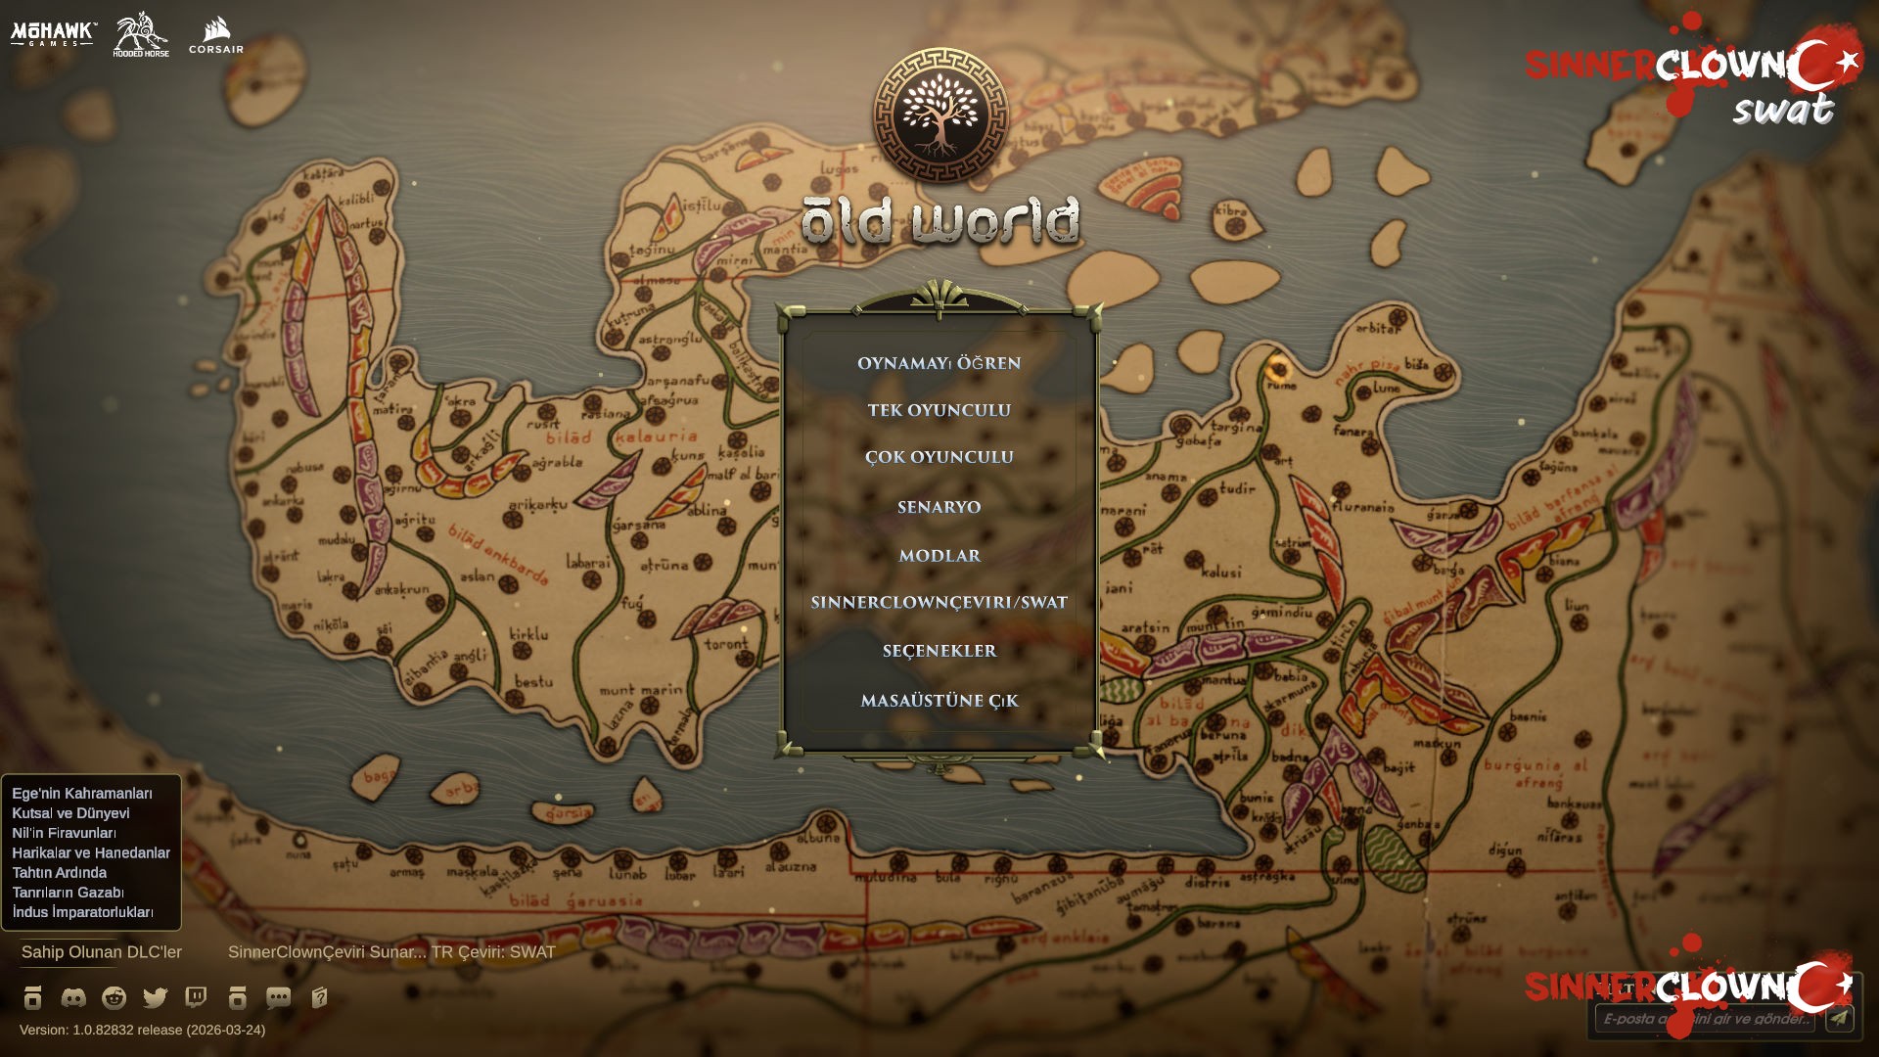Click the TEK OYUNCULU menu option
939,410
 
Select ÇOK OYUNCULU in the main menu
939,457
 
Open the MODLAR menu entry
939,556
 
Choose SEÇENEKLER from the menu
939,651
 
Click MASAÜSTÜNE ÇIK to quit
939,701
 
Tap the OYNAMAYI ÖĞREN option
939,363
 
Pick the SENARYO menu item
939,507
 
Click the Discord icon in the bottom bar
73,997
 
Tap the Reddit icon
115,997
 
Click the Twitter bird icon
155,997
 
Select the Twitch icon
196,997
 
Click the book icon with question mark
319,997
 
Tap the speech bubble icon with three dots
278,997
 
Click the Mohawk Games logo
53,34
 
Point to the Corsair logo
216,36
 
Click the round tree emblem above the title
939,115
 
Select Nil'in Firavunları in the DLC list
64,833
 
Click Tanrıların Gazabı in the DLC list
68,893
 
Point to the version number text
142,1030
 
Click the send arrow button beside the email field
1839,1019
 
